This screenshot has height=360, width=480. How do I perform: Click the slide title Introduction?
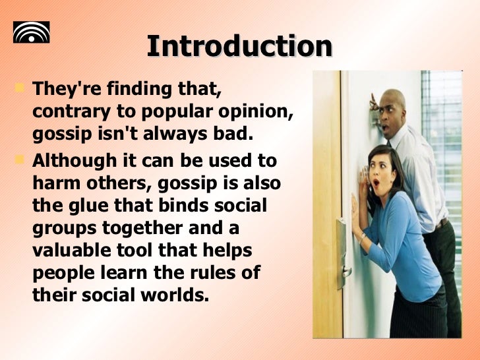[x=239, y=46]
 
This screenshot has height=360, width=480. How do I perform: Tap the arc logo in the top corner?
[x=32, y=32]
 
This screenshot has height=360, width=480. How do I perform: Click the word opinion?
[x=257, y=111]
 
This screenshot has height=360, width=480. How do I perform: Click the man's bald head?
[x=394, y=98]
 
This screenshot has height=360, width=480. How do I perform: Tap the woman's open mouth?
[x=376, y=181]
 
